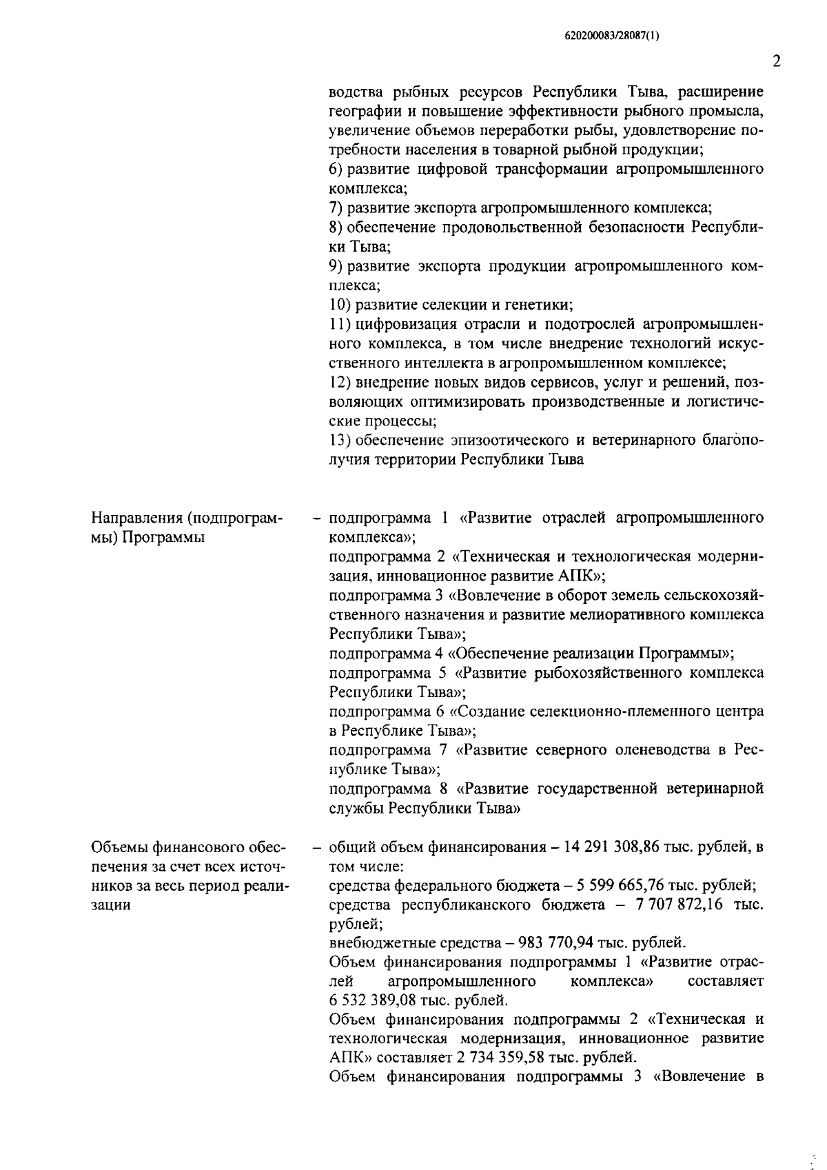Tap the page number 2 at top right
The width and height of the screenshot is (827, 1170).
click(777, 62)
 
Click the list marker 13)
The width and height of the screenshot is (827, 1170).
click(338, 440)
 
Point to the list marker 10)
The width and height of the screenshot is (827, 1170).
click(338, 304)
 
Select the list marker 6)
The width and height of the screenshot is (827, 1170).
click(336, 169)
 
